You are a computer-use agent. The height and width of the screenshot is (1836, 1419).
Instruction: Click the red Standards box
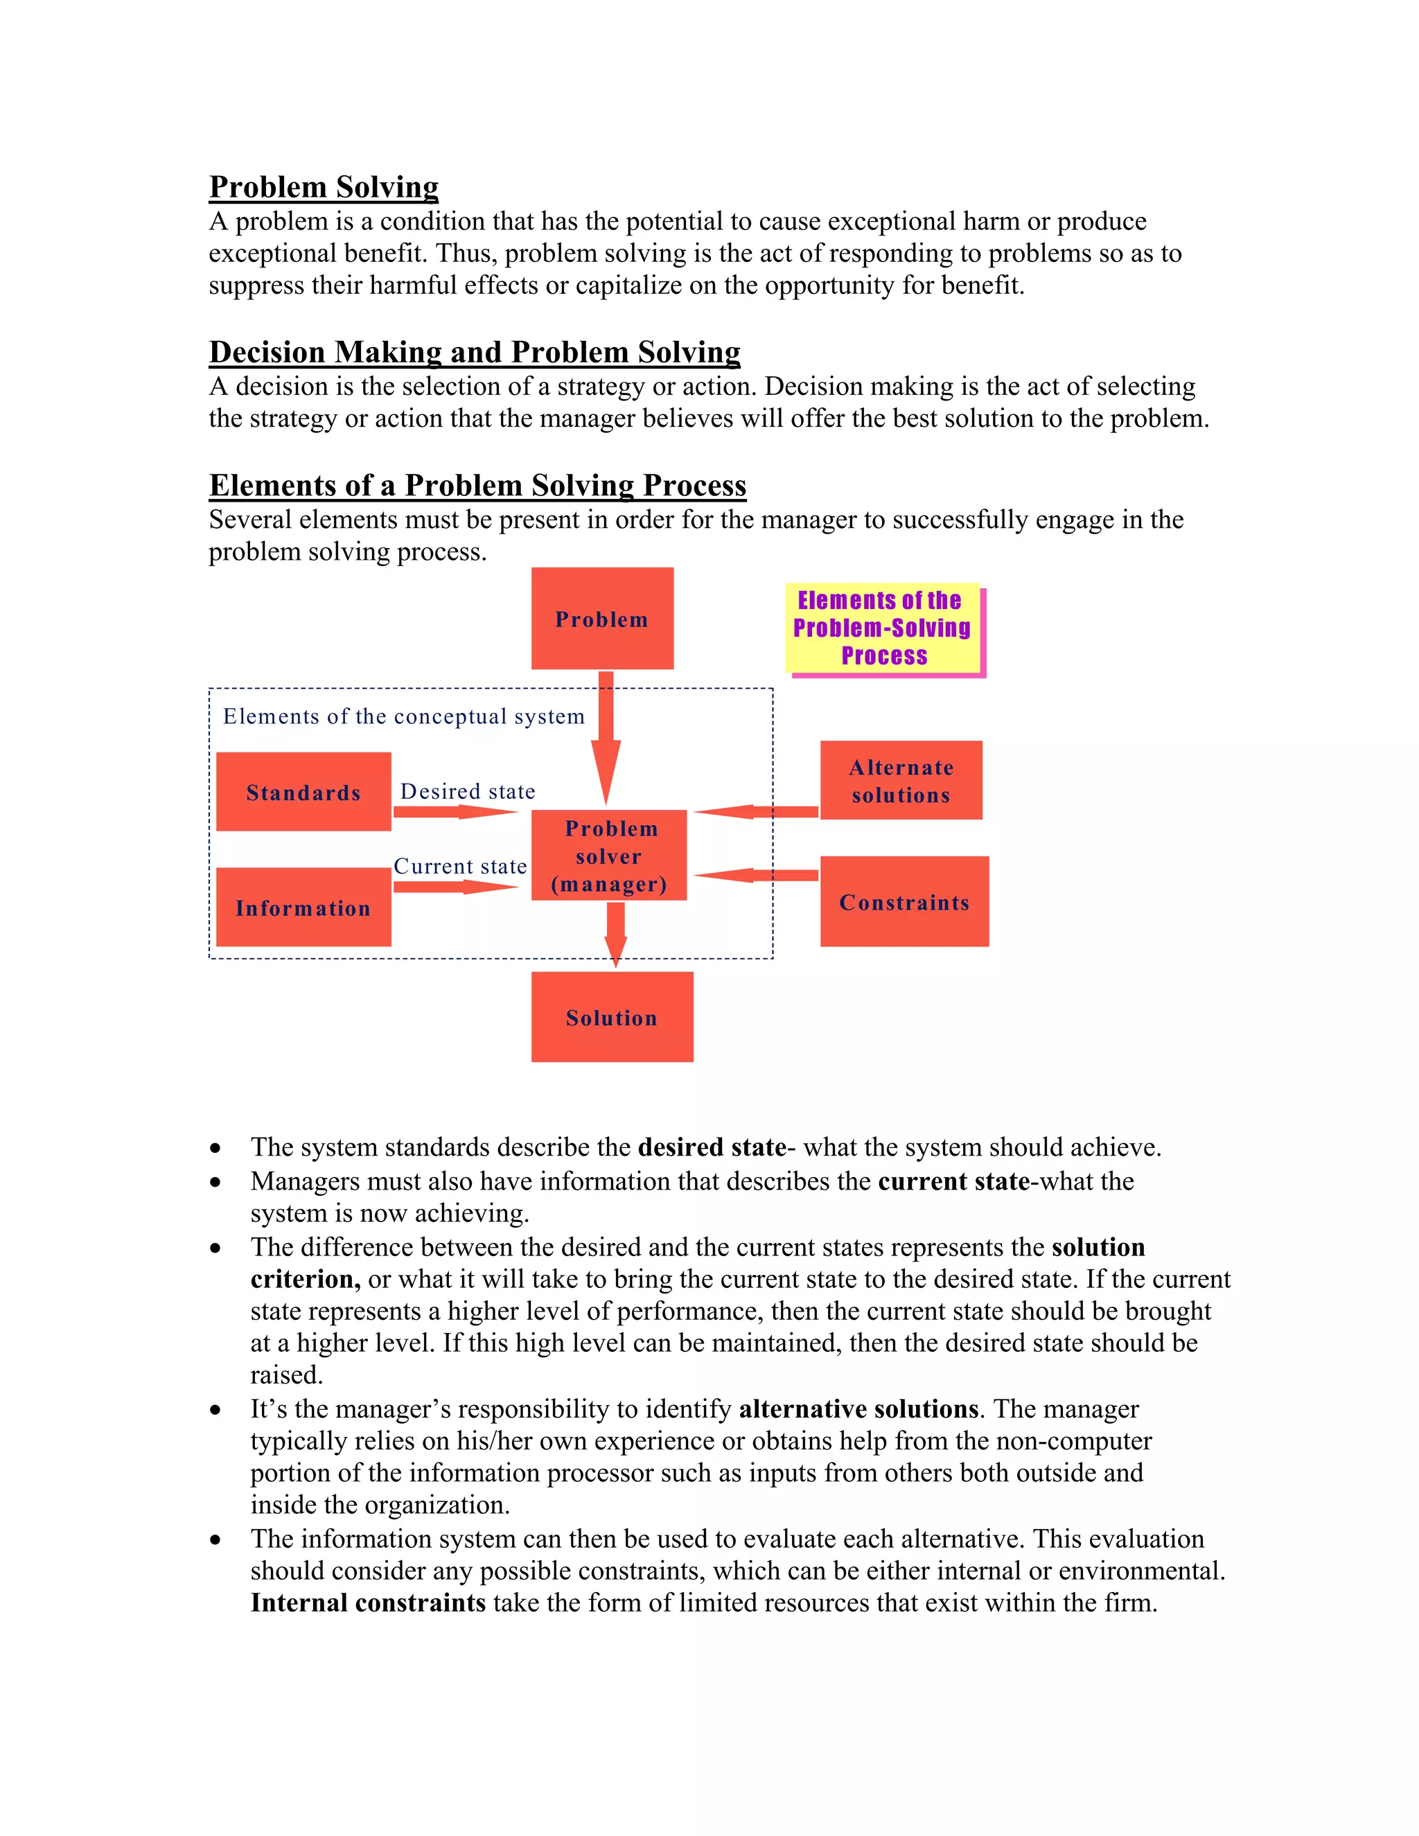point(303,791)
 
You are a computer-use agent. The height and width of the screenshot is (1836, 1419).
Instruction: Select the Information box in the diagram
point(303,907)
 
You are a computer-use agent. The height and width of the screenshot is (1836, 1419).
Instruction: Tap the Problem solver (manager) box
point(608,855)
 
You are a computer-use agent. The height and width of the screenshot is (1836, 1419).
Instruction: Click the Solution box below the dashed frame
point(612,1017)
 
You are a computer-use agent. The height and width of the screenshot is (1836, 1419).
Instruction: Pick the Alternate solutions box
point(901,780)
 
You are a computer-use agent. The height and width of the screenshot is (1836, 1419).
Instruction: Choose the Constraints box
point(904,901)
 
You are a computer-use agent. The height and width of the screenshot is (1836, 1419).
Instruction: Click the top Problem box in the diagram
point(602,619)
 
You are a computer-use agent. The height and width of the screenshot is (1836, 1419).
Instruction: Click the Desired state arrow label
point(468,791)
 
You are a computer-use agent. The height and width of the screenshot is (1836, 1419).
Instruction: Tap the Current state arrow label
point(460,866)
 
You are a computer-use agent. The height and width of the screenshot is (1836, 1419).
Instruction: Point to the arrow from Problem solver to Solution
point(615,933)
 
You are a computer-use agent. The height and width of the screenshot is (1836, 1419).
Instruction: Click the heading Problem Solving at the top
point(324,186)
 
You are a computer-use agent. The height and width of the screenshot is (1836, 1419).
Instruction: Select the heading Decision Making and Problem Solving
point(474,351)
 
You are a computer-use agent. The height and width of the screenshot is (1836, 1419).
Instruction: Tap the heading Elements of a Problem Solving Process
point(477,485)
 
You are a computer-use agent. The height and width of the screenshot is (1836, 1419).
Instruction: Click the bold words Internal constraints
point(368,1603)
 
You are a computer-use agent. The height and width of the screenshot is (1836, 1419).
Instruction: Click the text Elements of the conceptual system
point(403,716)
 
